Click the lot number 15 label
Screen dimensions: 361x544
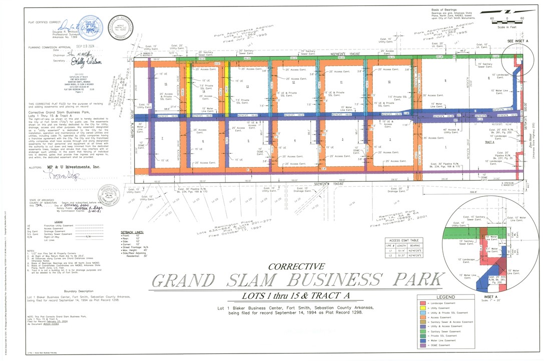pos(165,84)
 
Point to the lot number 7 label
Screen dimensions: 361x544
pos(162,137)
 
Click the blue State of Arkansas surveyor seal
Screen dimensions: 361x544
pos(91,28)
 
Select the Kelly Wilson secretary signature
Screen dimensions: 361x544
pos(89,61)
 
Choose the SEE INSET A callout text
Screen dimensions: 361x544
pos(518,40)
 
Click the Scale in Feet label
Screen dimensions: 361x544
pos(507,26)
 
